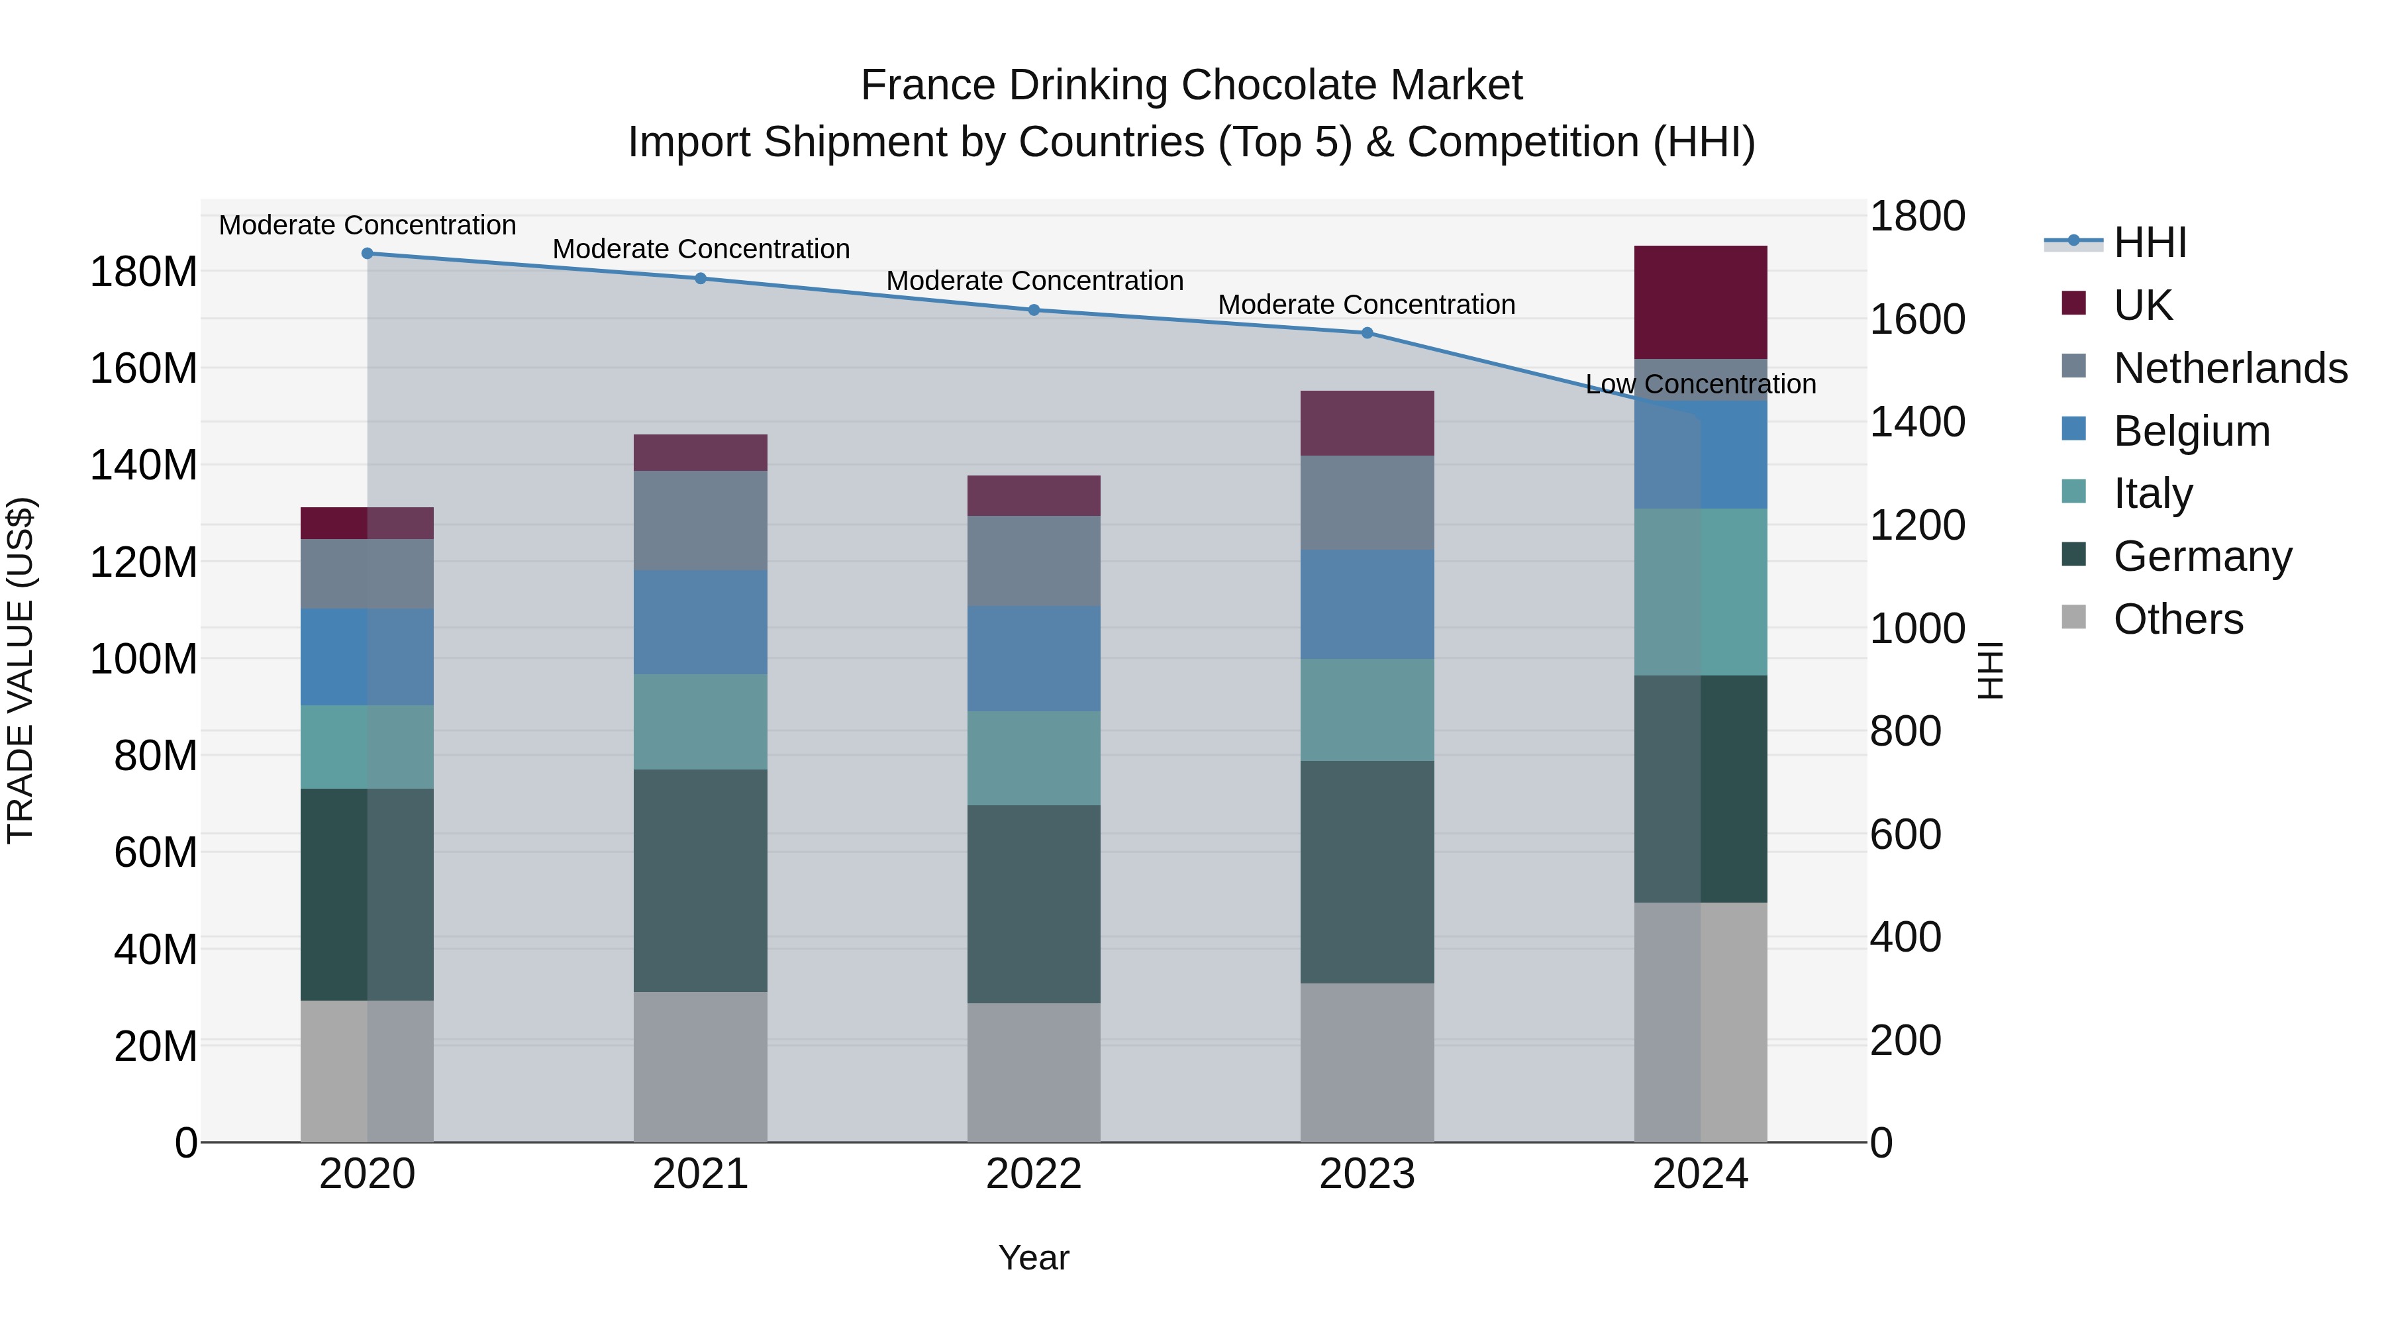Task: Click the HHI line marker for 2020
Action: click(x=368, y=253)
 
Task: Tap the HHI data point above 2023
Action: click(x=1367, y=332)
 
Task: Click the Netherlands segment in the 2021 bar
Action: click(x=701, y=520)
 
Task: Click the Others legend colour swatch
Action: click(x=2074, y=617)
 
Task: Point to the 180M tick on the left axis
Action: click(x=144, y=272)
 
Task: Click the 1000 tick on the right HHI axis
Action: click(x=1916, y=628)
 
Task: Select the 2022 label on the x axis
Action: click(x=1034, y=1174)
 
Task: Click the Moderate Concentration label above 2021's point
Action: click(x=701, y=249)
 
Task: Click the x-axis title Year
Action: click(x=1034, y=1258)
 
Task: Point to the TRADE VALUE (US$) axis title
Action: click(x=21, y=670)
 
